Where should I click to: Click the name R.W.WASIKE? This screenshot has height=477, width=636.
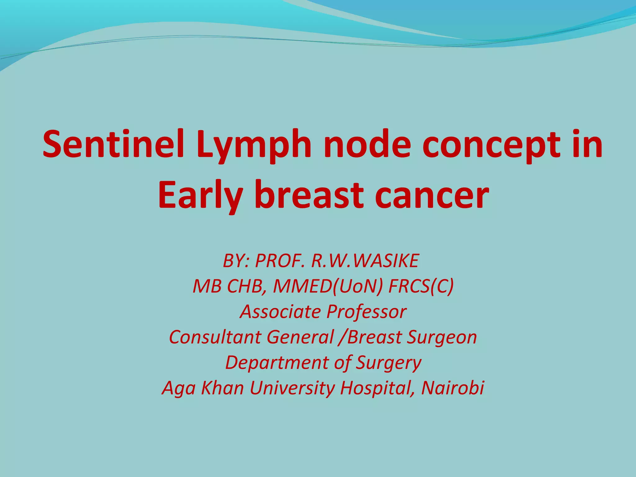(365, 261)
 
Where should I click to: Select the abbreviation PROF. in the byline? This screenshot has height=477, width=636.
(279, 261)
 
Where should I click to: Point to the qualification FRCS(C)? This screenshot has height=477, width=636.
(421, 286)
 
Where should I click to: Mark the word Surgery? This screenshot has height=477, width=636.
(388, 363)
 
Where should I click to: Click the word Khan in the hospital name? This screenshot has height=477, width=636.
(222, 388)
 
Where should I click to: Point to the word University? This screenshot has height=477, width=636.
(292, 388)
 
